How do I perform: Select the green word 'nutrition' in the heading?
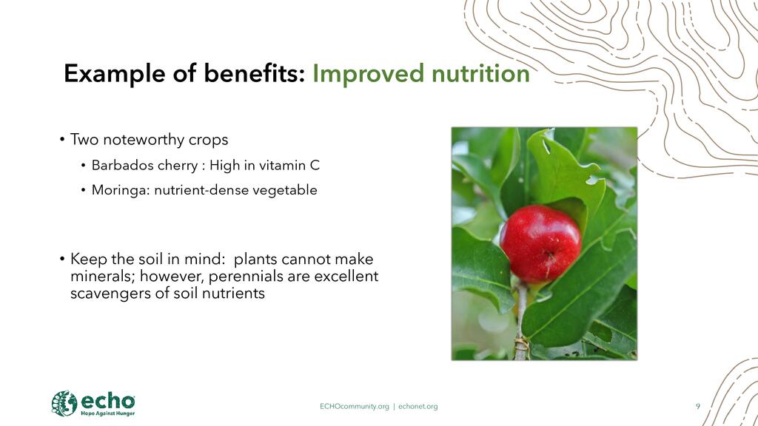coord(480,73)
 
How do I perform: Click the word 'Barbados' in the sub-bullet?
coord(118,166)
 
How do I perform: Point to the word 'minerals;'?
coord(103,277)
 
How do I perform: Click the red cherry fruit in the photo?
coord(540,243)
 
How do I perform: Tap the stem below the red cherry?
coord(520,321)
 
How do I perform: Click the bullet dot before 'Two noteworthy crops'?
coord(62,140)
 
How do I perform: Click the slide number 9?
coord(697,406)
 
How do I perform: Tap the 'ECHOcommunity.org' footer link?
coord(355,407)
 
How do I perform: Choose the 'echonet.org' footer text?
coord(418,407)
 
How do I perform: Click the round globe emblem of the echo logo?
coord(64,403)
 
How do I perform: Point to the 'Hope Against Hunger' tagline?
coord(108,413)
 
